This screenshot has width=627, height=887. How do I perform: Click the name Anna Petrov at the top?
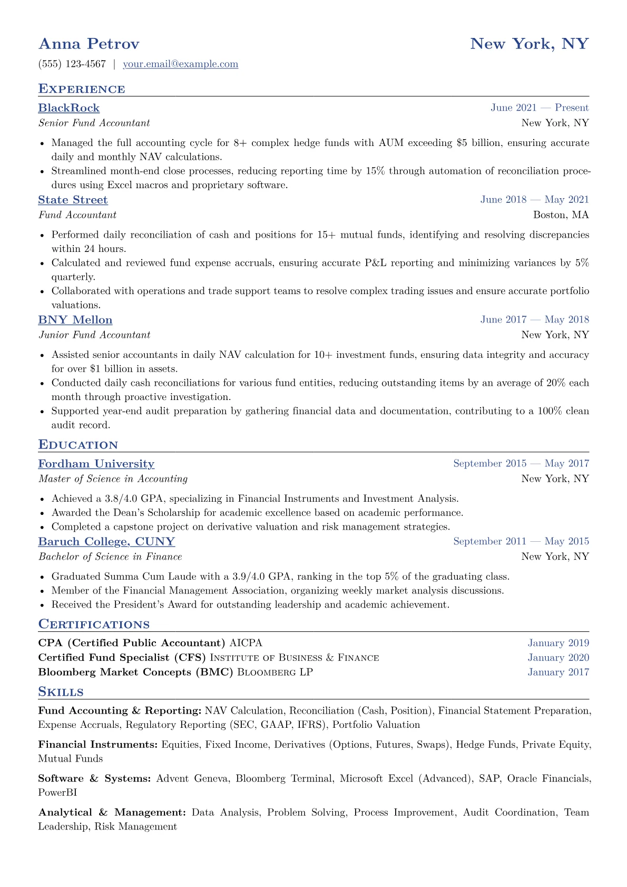pyautogui.click(x=89, y=44)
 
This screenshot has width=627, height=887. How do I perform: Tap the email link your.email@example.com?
pyautogui.click(x=180, y=64)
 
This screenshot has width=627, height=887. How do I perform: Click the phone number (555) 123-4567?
pyautogui.click(x=72, y=64)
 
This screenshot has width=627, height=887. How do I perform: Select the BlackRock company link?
pyautogui.click(x=68, y=108)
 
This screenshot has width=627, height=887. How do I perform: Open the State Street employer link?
pyautogui.click(x=73, y=200)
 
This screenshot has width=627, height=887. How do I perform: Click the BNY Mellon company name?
pyautogui.click(x=75, y=320)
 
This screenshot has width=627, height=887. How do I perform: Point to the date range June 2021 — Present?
pyautogui.click(x=540, y=108)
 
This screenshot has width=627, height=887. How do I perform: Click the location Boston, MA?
pyautogui.click(x=561, y=215)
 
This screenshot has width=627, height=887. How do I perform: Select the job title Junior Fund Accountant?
pyautogui.click(x=94, y=335)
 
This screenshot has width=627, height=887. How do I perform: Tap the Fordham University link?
pyautogui.click(x=96, y=464)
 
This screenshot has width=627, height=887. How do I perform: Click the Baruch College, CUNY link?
pyautogui.click(x=106, y=542)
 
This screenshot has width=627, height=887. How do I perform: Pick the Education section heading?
pyautogui.click(x=78, y=445)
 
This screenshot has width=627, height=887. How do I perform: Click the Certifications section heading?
pyautogui.click(x=94, y=625)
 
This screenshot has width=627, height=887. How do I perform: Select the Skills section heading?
pyautogui.click(x=61, y=692)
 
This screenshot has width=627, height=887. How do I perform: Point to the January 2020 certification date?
pyautogui.click(x=558, y=658)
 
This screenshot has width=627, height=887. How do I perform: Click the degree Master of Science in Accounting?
pyautogui.click(x=113, y=479)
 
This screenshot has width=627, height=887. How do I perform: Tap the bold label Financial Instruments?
pyautogui.click(x=98, y=745)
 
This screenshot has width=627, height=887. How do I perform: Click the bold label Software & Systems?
pyautogui.click(x=95, y=778)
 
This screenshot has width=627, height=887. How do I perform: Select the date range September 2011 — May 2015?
pyautogui.click(x=521, y=542)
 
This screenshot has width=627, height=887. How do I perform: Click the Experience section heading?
pyautogui.click(x=82, y=89)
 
